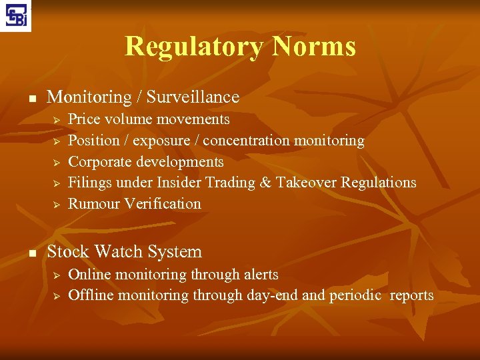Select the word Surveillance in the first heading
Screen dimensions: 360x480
tap(193, 97)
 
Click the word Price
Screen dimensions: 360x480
tap(83, 119)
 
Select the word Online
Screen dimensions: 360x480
tap(89, 275)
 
